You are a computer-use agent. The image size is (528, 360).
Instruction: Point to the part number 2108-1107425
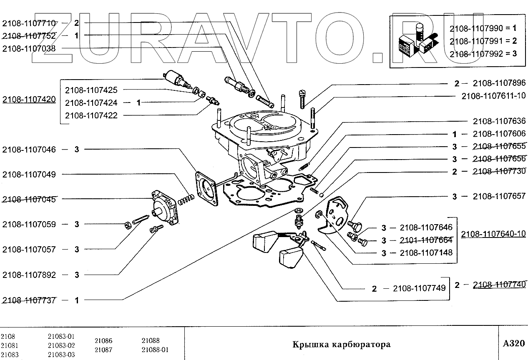(x=91, y=90)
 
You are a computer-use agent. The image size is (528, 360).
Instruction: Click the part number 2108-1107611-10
(x=493, y=96)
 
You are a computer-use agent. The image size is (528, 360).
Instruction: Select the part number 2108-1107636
(x=499, y=121)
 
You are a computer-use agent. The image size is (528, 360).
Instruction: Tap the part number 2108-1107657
(x=499, y=196)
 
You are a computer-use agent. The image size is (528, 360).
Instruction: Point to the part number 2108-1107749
(x=419, y=288)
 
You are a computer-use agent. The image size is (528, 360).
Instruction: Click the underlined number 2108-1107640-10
(x=493, y=234)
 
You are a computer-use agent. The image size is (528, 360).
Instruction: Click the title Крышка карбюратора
(x=341, y=345)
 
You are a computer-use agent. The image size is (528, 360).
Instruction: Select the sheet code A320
(x=513, y=344)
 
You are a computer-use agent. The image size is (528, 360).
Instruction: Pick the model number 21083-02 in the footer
(x=61, y=345)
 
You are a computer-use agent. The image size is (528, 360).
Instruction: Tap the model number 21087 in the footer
(x=103, y=350)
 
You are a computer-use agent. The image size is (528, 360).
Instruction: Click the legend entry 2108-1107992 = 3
(x=483, y=53)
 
